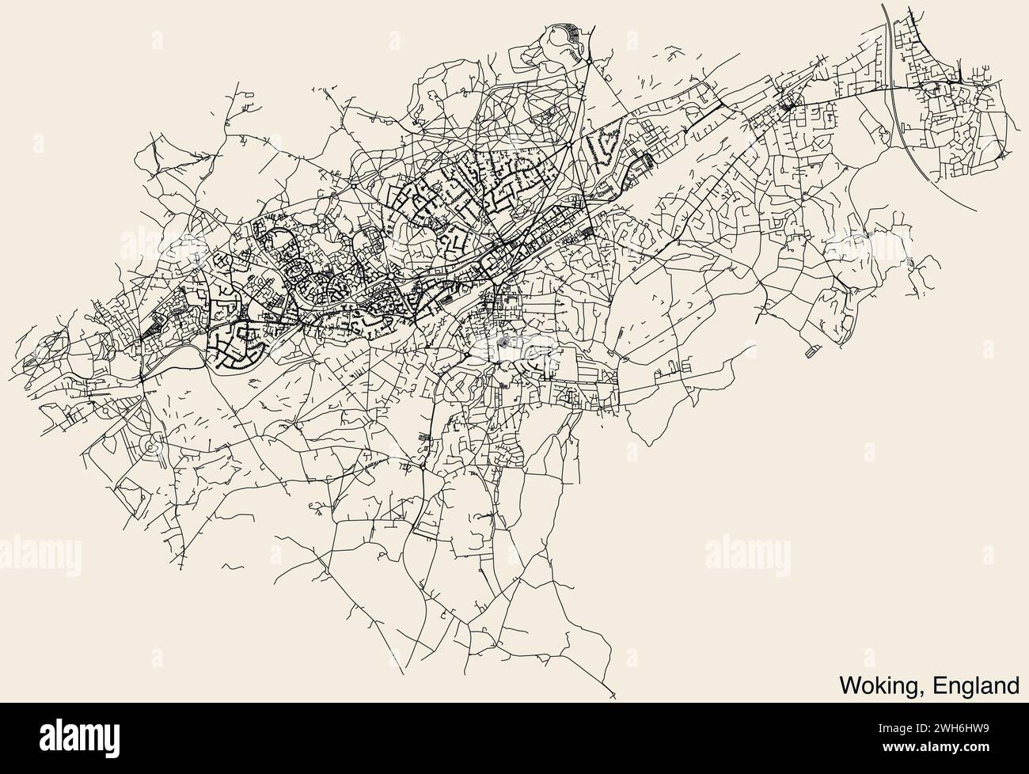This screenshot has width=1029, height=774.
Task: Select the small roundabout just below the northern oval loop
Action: point(590,60)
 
